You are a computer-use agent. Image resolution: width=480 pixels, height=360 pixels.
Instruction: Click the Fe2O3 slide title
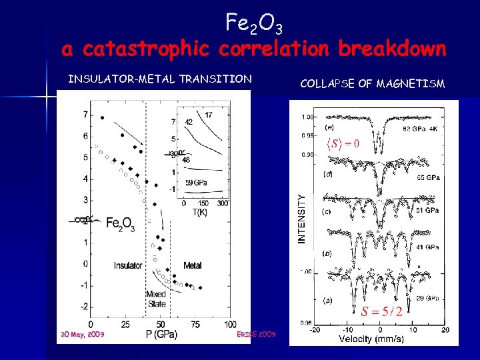(x=254, y=25)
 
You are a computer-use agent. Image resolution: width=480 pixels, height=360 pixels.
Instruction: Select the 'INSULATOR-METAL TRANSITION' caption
(x=160, y=79)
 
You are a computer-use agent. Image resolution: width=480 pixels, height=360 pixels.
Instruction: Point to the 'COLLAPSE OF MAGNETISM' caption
(x=373, y=83)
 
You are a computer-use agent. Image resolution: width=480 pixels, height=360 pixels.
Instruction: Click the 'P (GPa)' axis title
(x=161, y=334)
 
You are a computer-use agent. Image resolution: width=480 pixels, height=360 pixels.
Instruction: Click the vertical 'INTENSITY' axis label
(x=302, y=219)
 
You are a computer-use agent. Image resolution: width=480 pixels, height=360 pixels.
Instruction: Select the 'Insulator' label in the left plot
(x=128, y=265)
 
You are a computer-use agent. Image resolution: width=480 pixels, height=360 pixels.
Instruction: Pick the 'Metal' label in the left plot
(x=193, y=265)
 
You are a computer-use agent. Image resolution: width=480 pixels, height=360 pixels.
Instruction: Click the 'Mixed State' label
(x=156, y=299)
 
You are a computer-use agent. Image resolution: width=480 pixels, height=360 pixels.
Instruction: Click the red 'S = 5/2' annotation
(x=381, y=311)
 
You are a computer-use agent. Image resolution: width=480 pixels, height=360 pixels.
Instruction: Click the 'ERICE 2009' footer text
(x=257, y=333)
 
